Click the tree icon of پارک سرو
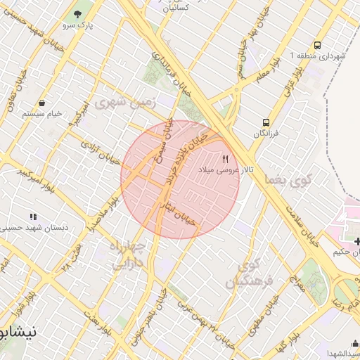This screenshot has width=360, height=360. point(77,14)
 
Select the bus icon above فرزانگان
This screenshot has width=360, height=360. point(265,122)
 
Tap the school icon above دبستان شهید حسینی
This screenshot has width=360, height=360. point(32,217)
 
